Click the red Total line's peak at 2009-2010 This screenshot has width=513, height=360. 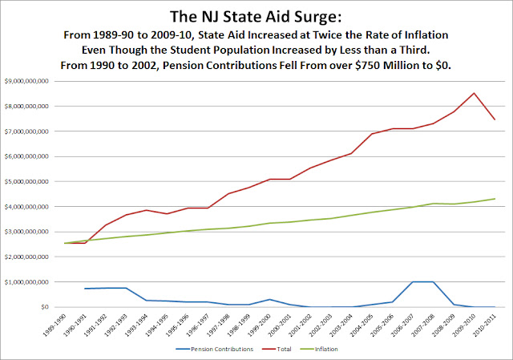point(474,93)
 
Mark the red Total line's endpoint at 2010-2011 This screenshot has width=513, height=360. point(495,119)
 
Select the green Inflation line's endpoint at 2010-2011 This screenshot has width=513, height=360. point(495,199)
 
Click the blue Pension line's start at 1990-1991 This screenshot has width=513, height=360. point(84,289)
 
